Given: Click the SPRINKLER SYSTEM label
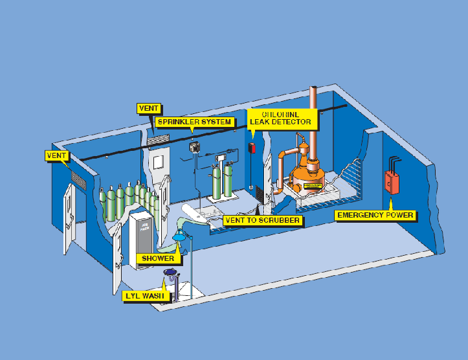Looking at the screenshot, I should pyautogui.click(x=193, y=122).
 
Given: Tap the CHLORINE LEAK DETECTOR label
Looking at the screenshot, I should pyautogui.click(x=281, y=117).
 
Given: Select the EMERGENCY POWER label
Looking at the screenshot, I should pyautogui.click(x=375, y=215).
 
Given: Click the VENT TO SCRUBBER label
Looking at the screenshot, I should pyautogui.click(x=262, y=220).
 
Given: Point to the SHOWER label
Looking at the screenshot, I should pyautogui.click(x=159, y=259).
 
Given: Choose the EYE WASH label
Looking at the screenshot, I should pyautogui.click(x=147, y=297).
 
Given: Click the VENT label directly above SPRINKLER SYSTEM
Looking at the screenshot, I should pyautogui.click(x=150, y=108).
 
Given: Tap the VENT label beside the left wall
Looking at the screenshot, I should pyautogui.click(x=57, y=155).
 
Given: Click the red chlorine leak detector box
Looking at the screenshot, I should pyautogui.click(x=252, y=148).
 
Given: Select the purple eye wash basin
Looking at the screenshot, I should pyautogui.click(x=171, y=272).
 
